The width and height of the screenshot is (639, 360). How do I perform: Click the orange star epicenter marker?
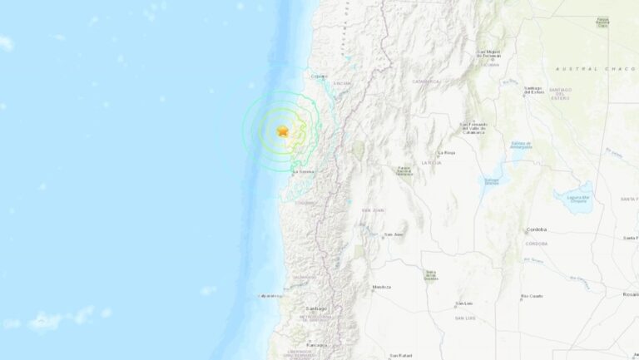pyautogui.click(x=283, y=131)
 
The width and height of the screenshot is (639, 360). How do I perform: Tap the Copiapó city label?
pyautogui.click(x=317, y=77)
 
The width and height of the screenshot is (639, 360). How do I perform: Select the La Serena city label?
pyautogui.click(x=303, y=172)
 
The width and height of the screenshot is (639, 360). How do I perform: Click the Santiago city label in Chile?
pyautogui.click(x=316, y=308)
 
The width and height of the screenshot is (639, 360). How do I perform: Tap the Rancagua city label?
pyautogui.click(x=316, y=343)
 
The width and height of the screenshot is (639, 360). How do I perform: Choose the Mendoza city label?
pyautogui.click(x=381, y=287)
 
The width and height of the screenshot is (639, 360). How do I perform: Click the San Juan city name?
pyautogui.click(x=394, y=234)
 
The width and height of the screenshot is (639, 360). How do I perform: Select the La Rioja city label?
pyautogui.click(x=446, y=153)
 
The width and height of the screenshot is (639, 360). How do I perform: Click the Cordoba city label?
pyautogui.click(x=536, y=230)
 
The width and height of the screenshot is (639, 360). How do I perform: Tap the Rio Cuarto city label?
pyautogui.click(x=532, y=296)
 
